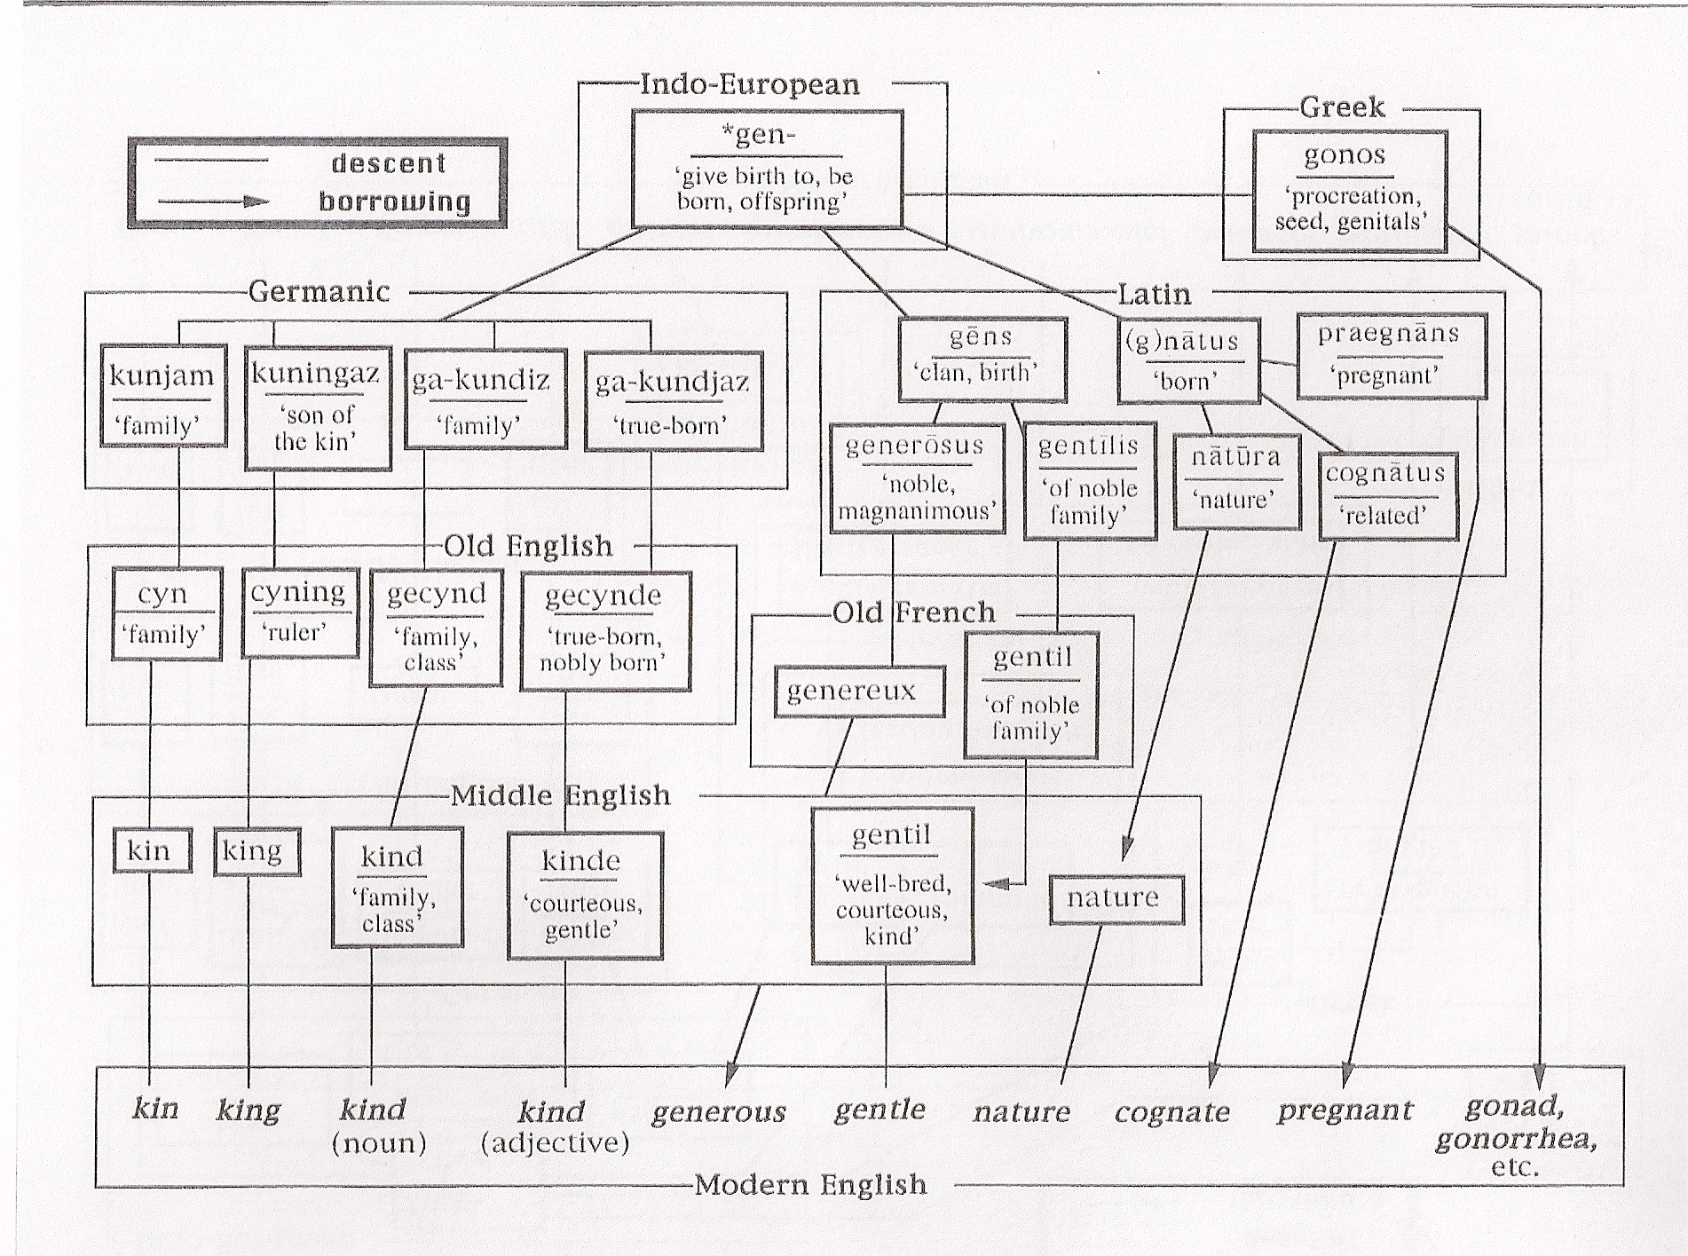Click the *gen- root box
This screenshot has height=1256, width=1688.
coord(767,169)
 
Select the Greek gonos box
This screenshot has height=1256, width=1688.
coord(1349,190)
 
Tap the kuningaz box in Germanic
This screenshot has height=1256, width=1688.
coord(317,407)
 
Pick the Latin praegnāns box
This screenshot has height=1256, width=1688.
coord(1391,354)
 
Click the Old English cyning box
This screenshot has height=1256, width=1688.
coord(300,612)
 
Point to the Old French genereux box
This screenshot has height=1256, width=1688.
coord(858,691)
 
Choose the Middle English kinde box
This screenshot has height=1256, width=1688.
coord(585,895)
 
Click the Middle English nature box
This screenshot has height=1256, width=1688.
coord(1116,899)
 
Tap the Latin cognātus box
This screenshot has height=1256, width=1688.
coord(1388,495)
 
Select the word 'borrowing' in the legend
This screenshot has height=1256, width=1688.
coord(395,202)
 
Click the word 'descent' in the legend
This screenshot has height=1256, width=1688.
coord(389,163)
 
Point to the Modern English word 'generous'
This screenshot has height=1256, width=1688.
coord(719,1112)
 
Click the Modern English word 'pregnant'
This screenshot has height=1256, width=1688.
coord(1344,1110)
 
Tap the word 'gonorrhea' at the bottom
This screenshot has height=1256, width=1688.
coord(1515,1139)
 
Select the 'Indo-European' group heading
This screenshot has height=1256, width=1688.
coord(750,85)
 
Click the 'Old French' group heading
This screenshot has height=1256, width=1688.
coord(914,612)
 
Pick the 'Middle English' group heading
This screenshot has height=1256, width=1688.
coord(560,794)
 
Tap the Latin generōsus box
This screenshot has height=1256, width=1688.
coord(917,478)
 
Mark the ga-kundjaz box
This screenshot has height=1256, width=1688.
coord(674,401)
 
